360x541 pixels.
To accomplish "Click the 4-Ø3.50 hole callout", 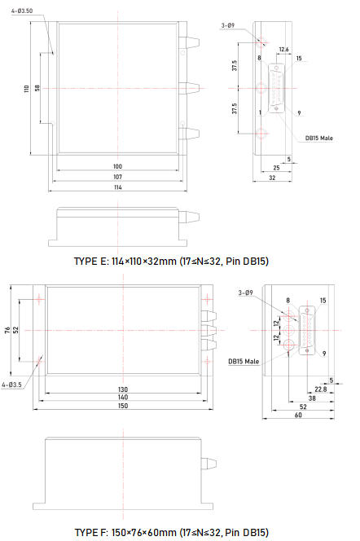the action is tap(22, 11).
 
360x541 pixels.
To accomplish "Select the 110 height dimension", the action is tap(27, 89).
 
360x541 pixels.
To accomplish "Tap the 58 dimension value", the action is tap(37, 88).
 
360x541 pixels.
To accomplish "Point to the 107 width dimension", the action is tap(117, 177).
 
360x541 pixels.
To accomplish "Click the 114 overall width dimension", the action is tap(117, 187).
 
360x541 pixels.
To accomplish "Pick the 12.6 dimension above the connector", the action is tap(283, 50).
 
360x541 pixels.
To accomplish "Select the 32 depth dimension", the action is tap(272, 178).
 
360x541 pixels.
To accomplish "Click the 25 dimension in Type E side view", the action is tap(276, 168).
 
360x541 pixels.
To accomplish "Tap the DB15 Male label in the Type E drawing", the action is tap(319, 138).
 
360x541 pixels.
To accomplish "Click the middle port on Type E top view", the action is tap(189, 88).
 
